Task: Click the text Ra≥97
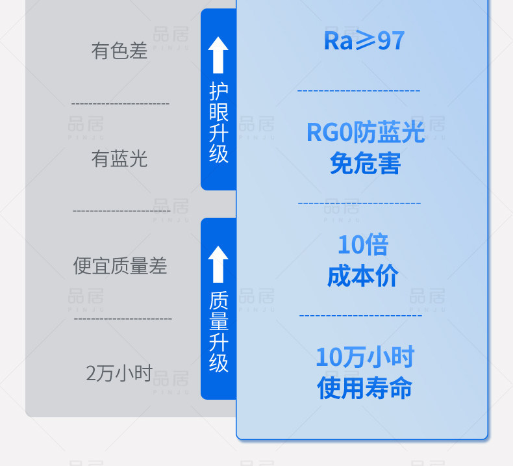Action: click(364, 41)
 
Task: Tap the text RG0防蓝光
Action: click(365, 133)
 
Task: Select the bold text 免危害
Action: click(365, 163)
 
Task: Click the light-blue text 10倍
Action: click(362, 245)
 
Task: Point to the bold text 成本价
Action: click(362, 276)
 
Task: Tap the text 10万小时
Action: click(364, 357)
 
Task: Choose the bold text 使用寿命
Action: click(364, 388)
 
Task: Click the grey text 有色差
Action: click(119, 51)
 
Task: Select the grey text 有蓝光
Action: click(119, 159)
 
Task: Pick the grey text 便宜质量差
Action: click(120, 266)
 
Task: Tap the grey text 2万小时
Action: click(119, 373)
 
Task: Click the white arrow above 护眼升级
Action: click(218, 55)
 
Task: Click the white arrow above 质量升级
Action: click(218, 264)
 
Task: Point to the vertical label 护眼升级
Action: click(219, 122)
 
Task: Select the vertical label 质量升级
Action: click(219, 331)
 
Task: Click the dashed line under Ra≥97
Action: click(358, 90)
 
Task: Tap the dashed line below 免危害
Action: click(359, 203)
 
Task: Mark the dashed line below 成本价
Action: click(360, 316)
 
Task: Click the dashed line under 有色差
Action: click(120, 104)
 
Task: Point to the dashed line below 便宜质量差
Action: click(123, 318)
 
